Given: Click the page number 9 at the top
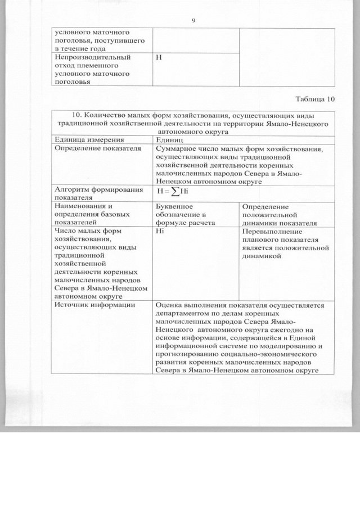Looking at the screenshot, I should click(193, 20).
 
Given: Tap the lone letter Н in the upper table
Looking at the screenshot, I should click(159, 57).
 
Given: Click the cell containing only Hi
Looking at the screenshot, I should click(160, 231).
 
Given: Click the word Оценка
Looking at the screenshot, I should click(170, 305).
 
